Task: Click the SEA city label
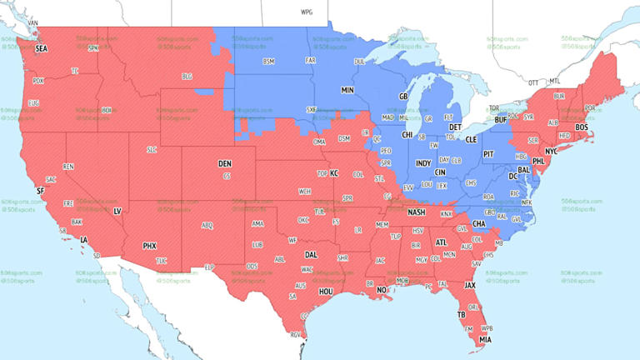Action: (x=42, y=49)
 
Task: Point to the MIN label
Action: (x=347, y=89)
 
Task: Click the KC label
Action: (x=334, y=172)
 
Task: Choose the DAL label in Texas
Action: (x=312, y=254)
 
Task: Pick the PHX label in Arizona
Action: (x=150, y=246)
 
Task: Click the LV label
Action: (x=117, y=212)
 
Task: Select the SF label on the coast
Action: (x=39, y=191)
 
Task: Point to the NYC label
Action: (x=551, y=151)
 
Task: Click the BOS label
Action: (x=582, y=127)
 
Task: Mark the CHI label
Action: (x=407, y=134)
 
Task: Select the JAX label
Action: (x=471, y=285)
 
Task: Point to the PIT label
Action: (x=489, y=154)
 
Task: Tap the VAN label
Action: (x=33, y=22)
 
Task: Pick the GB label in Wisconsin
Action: (x=403, y=97)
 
